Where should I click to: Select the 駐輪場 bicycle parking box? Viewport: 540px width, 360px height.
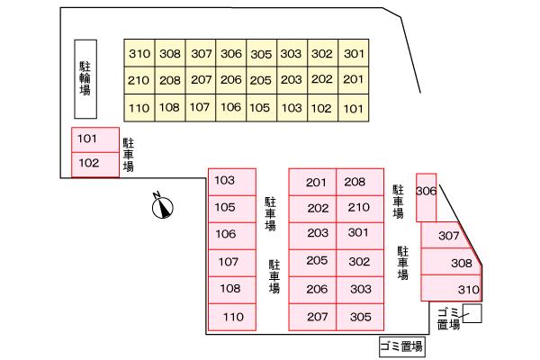click(85, 78)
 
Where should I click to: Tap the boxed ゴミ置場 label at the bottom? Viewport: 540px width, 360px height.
click(401, 346)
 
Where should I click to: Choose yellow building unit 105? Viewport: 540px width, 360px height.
click(259, 109)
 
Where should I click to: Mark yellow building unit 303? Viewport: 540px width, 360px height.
click(291, 53)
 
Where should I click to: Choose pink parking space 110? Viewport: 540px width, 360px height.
click(233, 317)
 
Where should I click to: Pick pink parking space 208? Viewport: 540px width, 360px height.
click(355, 182)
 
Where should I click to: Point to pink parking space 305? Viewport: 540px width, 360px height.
click(359, 317)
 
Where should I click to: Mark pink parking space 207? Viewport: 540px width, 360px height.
click(317, 317)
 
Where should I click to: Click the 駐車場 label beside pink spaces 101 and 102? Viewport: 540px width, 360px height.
click(129, 155)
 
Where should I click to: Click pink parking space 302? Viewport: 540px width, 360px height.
click(359, 262)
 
